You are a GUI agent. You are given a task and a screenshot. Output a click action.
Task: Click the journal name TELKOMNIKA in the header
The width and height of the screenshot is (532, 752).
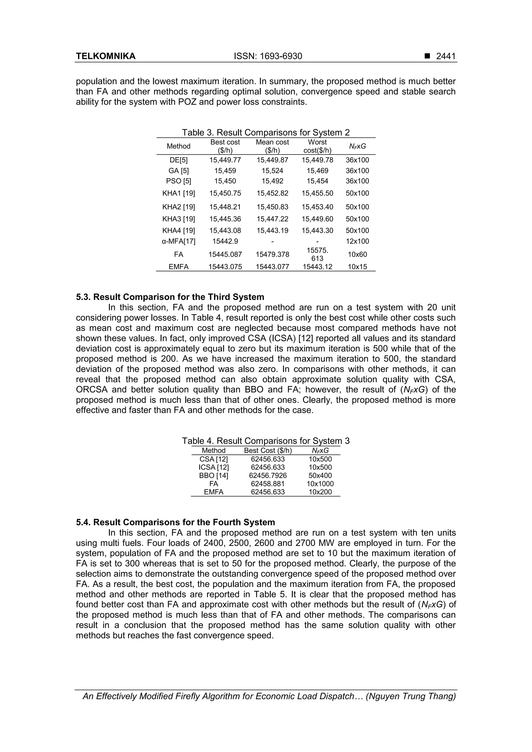point(105,56)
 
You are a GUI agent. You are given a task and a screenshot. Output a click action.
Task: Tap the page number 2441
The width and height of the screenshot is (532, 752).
point(445,56)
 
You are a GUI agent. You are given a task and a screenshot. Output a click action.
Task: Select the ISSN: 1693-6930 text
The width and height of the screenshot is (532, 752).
point(268,56)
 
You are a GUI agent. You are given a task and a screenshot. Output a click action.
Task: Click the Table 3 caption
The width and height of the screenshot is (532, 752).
point(265,132)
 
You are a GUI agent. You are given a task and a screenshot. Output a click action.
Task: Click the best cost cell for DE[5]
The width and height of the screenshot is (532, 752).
point(225,160)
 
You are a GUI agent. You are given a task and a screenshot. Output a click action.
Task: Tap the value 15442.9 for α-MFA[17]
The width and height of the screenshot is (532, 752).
point(225,241)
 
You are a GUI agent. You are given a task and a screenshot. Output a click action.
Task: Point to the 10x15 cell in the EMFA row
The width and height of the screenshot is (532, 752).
point(357,267)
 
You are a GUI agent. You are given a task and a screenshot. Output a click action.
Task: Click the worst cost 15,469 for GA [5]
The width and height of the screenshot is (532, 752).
point(317,171)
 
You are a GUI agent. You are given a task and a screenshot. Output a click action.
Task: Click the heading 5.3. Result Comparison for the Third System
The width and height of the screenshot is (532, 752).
point(170,297)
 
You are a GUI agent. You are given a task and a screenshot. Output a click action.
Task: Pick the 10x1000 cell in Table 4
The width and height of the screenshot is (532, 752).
point(320,484)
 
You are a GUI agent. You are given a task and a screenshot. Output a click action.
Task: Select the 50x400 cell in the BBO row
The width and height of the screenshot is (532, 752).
point(320,476)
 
